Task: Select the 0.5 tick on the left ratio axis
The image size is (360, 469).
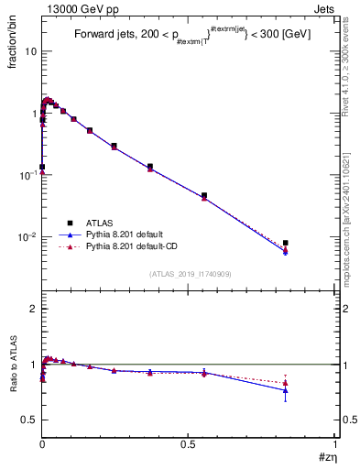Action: pos(30,420)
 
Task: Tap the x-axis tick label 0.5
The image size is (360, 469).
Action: pos(188,445)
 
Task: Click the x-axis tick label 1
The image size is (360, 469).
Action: pos(335,445)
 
